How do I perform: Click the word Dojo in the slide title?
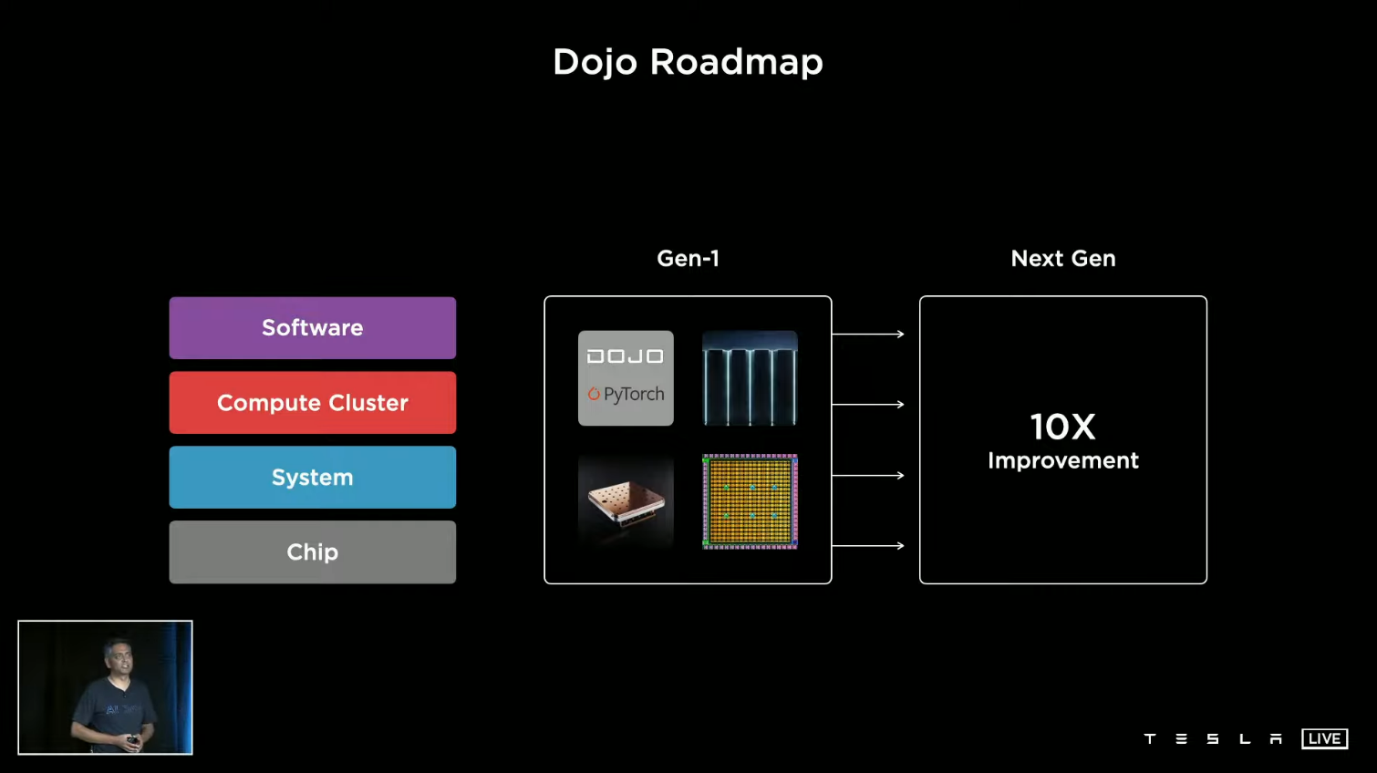point(595,62)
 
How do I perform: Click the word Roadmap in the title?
point(736,62)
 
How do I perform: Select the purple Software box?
point(312,328)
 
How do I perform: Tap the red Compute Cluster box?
point(312,403)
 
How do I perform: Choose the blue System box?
point(312,478)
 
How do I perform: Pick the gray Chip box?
point(312,552)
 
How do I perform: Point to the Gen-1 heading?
point(688,259)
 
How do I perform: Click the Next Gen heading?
point(1062,259)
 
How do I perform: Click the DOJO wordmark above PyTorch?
point(626,356)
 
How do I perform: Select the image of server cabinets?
point(750,378)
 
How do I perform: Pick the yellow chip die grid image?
point(750,502)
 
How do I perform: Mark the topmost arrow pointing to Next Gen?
point(867,335)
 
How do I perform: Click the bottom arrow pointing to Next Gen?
point(867,546)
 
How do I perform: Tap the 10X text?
point(1062,427)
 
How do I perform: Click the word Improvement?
point(1062,461)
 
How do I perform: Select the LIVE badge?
point(1324,738)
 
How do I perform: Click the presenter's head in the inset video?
point(117,655)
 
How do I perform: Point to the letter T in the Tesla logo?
point(1150,738)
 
